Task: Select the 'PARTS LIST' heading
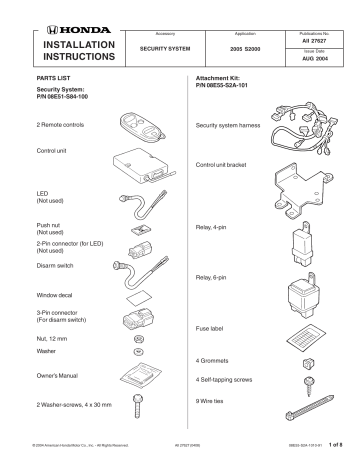coord(52,75)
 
